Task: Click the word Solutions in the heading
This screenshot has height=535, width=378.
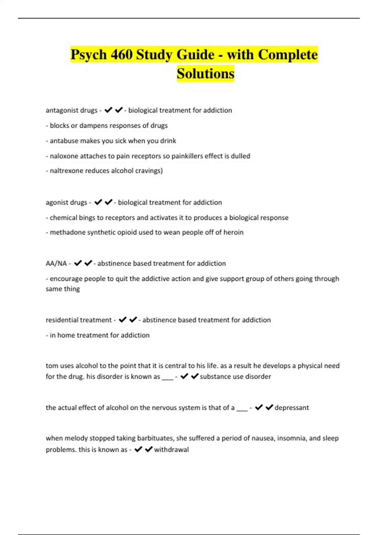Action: pos(205,74)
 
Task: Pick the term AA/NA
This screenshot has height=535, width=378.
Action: pos(56,263)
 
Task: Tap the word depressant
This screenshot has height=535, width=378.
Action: pos(292,408)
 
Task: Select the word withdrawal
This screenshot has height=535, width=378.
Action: pos(171,449)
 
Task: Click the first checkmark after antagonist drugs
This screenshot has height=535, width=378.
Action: pos(108,110)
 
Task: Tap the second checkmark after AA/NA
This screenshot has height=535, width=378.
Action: pos(88,263)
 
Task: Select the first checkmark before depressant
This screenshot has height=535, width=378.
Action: pos(259,408)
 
